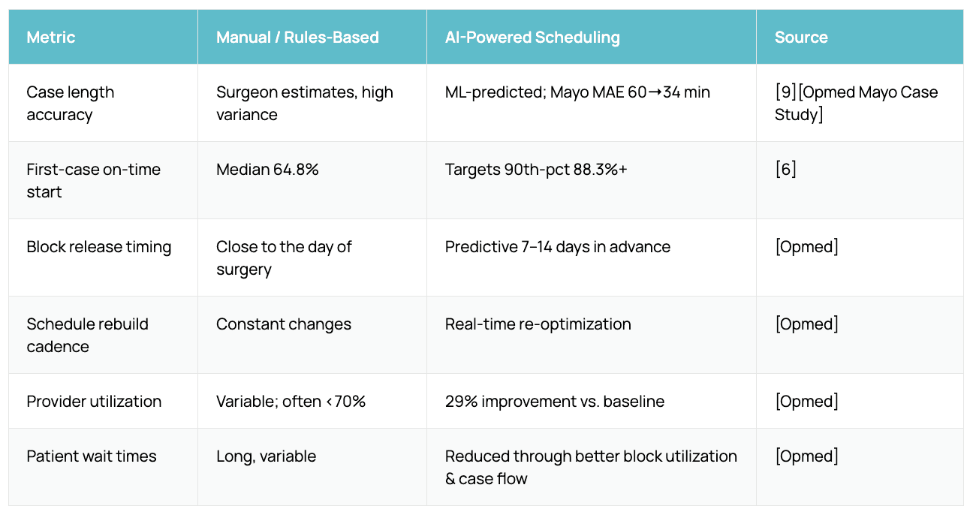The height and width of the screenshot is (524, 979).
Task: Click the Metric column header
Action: pyautogui.click(x=51, y=37)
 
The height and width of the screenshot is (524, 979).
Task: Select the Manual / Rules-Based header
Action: pyautogui.click(x=297, y=37)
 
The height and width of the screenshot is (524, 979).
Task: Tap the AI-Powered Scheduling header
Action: pyautogui.click(x=532, y=38)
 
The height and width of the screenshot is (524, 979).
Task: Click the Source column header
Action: pyautogui.click(x=801, y=37)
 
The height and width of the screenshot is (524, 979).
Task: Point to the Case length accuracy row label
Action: pyautogui.click(x=71, y=103)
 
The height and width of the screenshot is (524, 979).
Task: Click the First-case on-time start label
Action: pyautogui.click(x=94, y=180)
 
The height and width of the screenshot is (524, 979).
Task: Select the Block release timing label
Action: pyautogui.click(x=99, y=247)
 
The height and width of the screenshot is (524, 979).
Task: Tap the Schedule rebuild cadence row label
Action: pyautogui.click(x=87, y=336)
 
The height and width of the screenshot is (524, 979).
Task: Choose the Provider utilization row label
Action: pyautogui.click(x=94, y=401)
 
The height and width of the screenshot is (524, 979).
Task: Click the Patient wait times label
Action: pyautogui.click(x=92, y=456)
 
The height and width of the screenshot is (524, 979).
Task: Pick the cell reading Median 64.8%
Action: pyautogui.click(x=267, y=170)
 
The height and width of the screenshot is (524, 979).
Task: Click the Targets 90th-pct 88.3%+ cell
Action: pyautogui.click(x=536, y=170)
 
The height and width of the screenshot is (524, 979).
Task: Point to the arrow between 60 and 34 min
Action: pyautogui.click(x=655, y=92)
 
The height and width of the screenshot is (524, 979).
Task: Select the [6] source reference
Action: pyautogui.click(x=785, y=170)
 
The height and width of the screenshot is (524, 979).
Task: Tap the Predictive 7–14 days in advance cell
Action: pyautogui.click(x=558, y=247)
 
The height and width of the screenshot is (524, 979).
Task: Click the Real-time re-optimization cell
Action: pyautogui.click(x=538, y=324)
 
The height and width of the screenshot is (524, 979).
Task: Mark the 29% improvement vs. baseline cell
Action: pyautogui.click(x=555, y=401)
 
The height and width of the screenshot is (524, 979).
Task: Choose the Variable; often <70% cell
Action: pyautogui.click(x=291, y=401)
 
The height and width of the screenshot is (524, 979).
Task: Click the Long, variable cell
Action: pyautogui.click(x=267, y=456)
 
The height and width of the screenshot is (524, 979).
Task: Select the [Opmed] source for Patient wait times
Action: pyautogui.click(x=807, y=456)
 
